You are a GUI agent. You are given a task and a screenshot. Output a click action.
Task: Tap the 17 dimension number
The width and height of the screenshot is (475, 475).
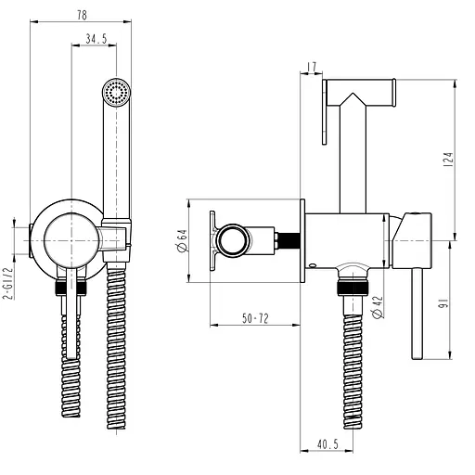[x=312, y=66]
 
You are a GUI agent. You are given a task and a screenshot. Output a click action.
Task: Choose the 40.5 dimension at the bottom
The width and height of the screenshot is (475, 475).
[x=326, y=445]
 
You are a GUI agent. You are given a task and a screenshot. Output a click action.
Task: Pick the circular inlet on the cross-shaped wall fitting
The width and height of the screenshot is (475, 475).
[x=229, y=242]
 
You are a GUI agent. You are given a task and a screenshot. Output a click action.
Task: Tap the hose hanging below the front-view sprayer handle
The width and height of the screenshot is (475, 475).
[x=116, y=353]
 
